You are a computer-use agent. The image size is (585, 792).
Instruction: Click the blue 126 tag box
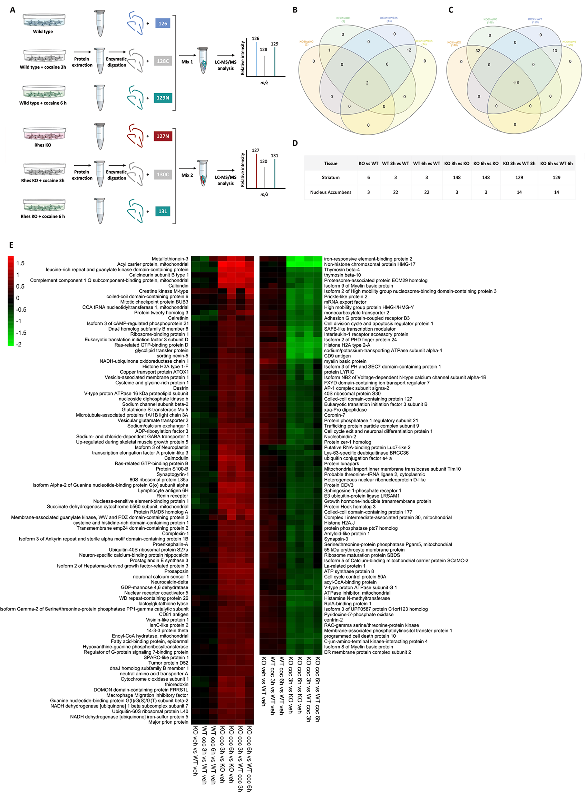pos(163,24)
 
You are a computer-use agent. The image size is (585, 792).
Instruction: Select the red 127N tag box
pos(163,136)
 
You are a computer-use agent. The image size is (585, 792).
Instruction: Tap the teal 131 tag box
pos(163,211)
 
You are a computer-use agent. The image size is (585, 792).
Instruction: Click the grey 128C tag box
pos(163,61)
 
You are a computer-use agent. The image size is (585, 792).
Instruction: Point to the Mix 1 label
pos(187,62)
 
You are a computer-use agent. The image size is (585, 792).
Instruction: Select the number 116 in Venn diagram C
pos(516,83)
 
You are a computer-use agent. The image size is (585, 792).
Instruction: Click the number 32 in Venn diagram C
pos(477,51)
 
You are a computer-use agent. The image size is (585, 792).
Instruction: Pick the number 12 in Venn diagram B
pos(409,50)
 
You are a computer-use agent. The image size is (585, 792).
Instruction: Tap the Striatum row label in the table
pos(330,177)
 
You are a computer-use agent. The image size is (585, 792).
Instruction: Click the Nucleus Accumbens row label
pos(330,192)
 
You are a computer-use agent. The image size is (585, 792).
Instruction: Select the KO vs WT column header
pos(368,164)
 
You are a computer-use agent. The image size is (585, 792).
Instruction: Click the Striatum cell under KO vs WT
pos(368,177)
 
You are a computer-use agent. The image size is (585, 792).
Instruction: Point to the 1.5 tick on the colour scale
pos(20,263)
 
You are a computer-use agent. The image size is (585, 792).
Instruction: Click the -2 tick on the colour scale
pos(18,344)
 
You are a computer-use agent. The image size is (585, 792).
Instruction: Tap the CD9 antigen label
pos(337,356)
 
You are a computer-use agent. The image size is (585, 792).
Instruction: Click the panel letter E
pos(11,245)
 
